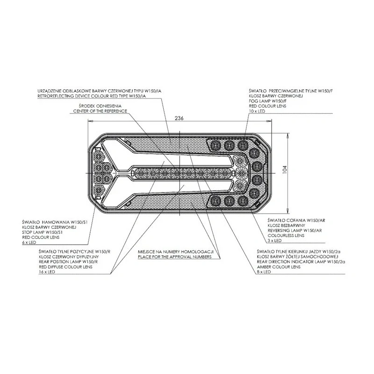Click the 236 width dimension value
pyautogui.click(x=179, y=118)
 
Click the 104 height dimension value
pyautogui.click(x=285, y=169)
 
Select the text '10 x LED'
pyautogui.click(x=257, y=111)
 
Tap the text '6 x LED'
pyautogui.click(x=29, y=242)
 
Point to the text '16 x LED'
pyautogui.click(x=47, y=272)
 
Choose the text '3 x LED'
pyautogui.click(x=274, y=241)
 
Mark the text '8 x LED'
pyautogui.click(x=264, y=272)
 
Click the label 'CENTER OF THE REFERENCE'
pyautogui.click(x=100, y=111)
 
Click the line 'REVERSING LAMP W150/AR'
pyautogui.click(x=295, y=230)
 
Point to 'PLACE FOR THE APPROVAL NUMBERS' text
pyautogui.click(x=174, y=257)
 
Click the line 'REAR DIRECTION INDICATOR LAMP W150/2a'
pyautogui.click(x=301, y=262)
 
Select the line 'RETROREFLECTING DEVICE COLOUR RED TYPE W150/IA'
pyautogui.click(x=92, y=96)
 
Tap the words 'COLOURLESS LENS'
pyautogui.click(x=286, y=236)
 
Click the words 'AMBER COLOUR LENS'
pyautogui.click(x=279, y=267)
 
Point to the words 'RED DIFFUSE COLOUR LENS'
pyautogui.click(x=65, y=267)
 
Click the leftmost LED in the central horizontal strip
pyautogui.click(x=141, y=173)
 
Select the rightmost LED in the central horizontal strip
pyautogui.click(x=225, y=173)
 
